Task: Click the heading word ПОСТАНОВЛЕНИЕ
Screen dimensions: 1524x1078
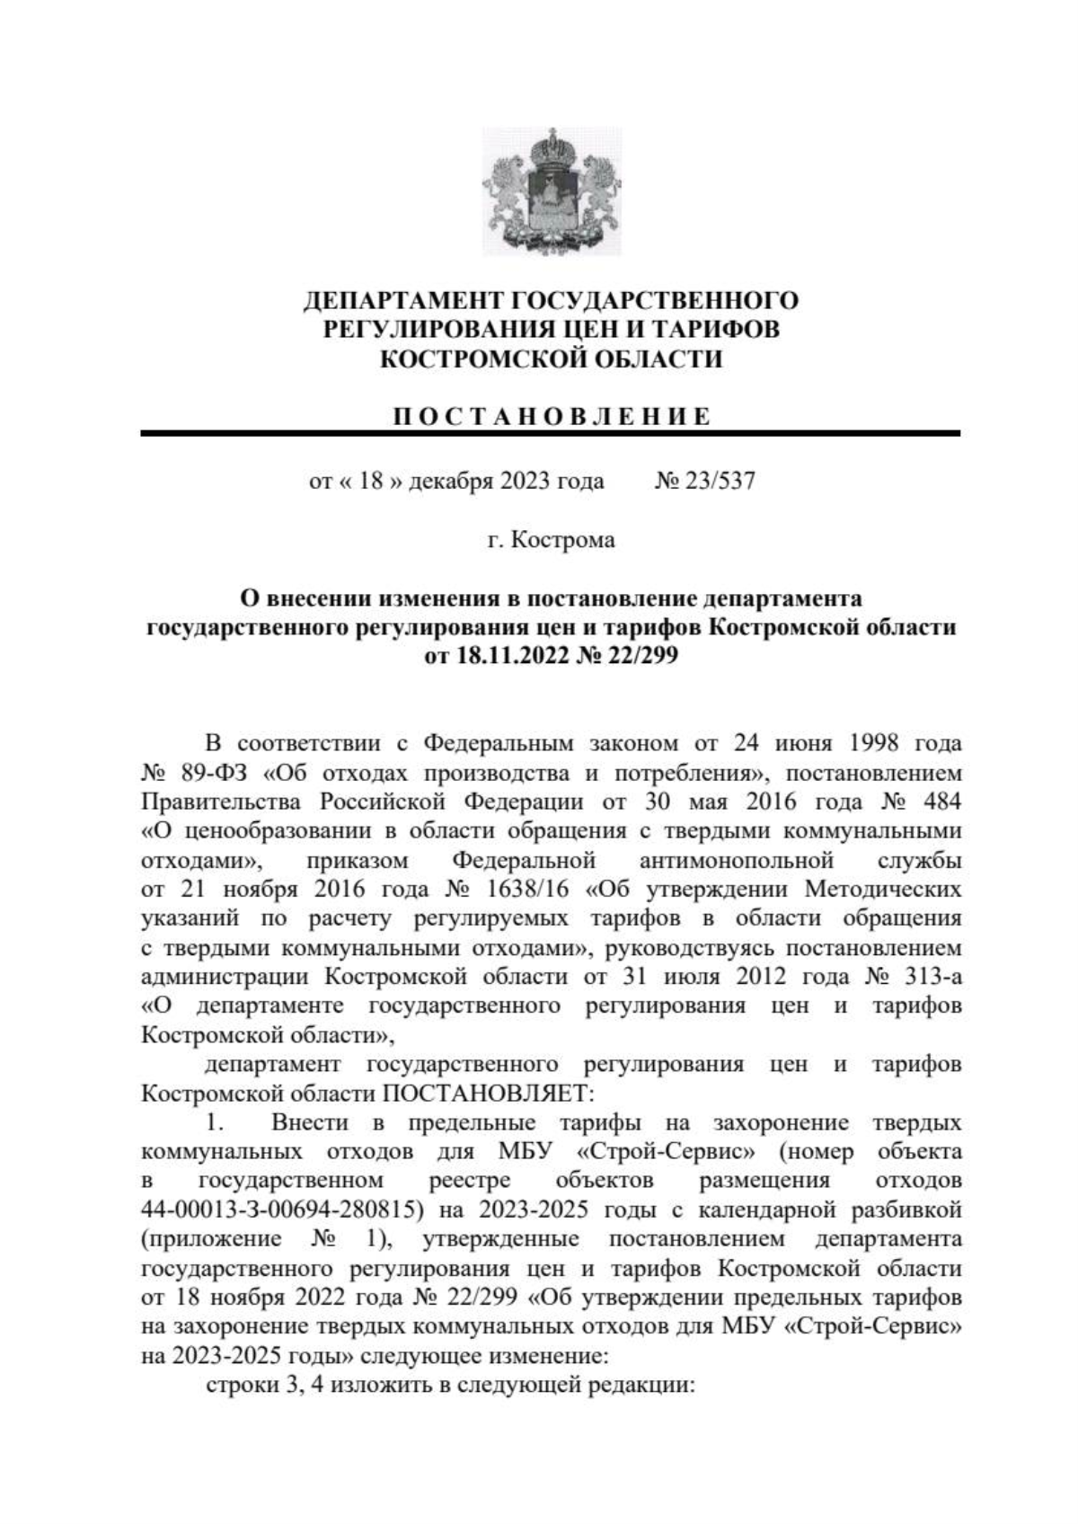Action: click(552, 416)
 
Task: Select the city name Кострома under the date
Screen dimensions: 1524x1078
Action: click(563, 541)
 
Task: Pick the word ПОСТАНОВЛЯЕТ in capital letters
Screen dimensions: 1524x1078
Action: click(485, 1094)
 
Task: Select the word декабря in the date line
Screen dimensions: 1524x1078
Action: click(446, 482)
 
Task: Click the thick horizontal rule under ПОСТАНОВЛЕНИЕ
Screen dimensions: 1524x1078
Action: click(550, 434)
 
